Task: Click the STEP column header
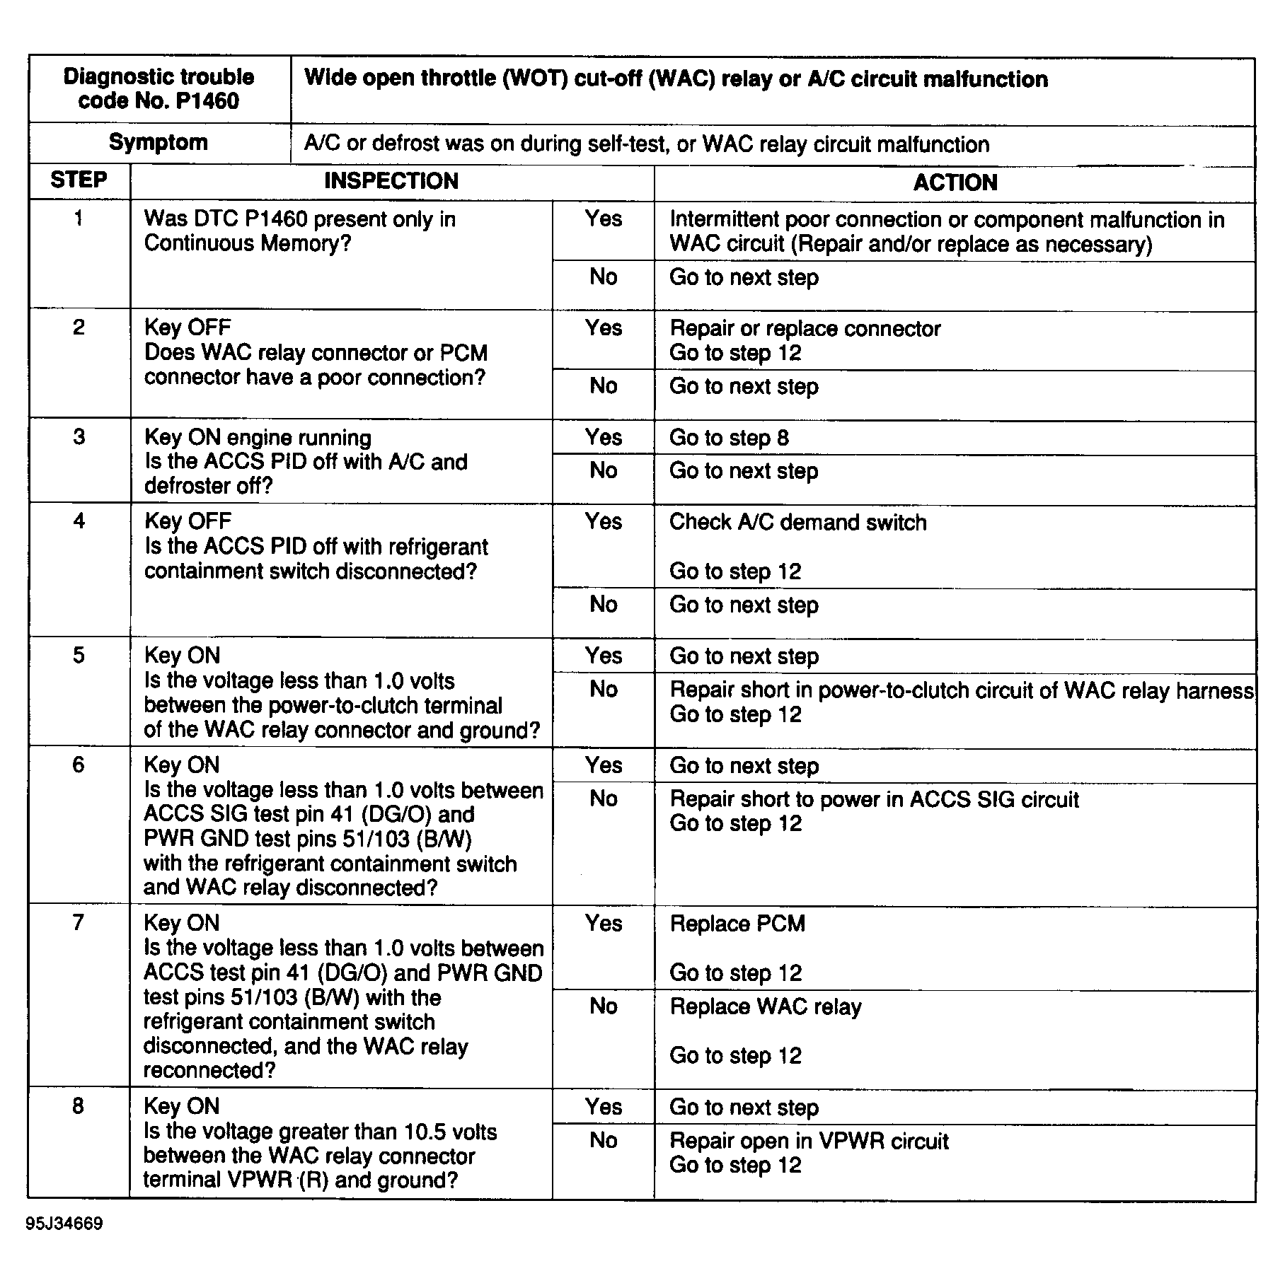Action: point(79,180)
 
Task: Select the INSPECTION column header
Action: point(391,181)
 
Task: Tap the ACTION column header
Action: point(955,182)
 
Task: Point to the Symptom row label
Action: point(159,142)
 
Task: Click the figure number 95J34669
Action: point(64,1224)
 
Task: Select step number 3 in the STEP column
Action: point(79,436)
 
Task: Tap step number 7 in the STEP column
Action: point(79,922)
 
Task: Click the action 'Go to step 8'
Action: point(729,438)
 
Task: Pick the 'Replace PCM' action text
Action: point(737,924)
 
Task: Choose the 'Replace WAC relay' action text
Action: point(766,1006)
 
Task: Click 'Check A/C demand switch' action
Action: point(797,522)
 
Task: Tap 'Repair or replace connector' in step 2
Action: point(805,328)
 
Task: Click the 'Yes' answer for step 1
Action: point(603,219)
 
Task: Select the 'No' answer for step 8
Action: point(603,1140)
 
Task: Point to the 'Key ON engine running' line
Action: point(258,437)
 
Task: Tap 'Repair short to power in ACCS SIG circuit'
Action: point(874,799)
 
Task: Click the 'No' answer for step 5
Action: point(603,689)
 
